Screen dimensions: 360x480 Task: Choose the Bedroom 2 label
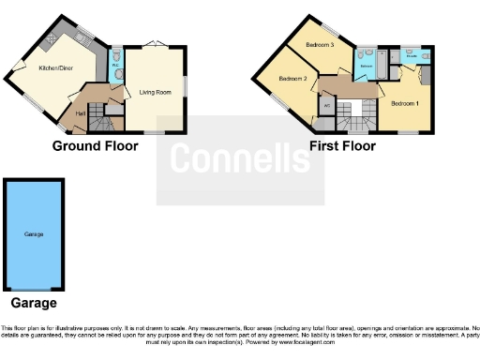(x=292, y=79)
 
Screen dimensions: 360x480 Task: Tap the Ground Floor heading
(x=97, y=146)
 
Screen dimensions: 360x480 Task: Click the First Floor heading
(x=342, y=146)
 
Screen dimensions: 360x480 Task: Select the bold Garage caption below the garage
(x=33, y=303)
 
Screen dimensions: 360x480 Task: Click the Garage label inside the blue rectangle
(x=33, y=233)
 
